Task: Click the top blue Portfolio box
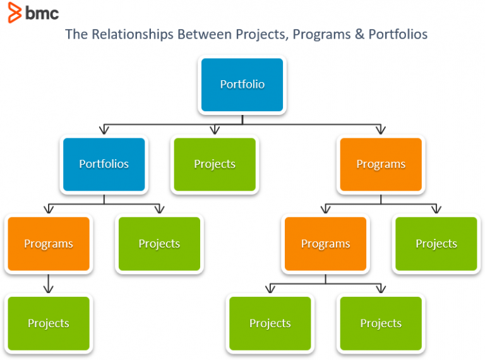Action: click(242, 85)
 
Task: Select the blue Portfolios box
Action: click(104, 164)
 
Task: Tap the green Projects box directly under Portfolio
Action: click(215, 164)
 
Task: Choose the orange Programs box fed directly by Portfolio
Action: click(381, 164)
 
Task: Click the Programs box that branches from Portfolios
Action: click(49, 244)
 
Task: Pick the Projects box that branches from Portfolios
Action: click(159, 244)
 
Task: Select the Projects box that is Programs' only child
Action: click(49, 323)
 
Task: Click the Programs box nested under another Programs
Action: click(325, 244)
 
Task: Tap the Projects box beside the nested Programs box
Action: click(436, 244)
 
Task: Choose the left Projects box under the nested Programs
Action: click(270, 323)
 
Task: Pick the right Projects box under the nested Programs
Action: click(381, 323)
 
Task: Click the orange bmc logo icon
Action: click(14, 13)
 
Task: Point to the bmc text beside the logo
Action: click(42, 13)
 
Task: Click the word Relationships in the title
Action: click(129, 34)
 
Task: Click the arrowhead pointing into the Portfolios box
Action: click(104, 130)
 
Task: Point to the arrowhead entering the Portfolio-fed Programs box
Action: click(381, 130)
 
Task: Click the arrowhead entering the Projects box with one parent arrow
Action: click(49, 289)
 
